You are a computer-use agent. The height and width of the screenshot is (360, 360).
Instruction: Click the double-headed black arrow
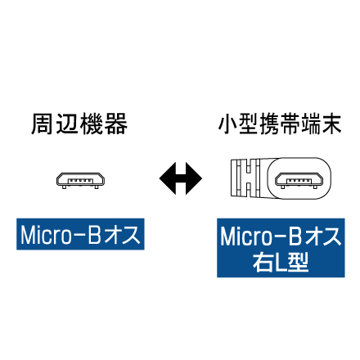tap(181, 178)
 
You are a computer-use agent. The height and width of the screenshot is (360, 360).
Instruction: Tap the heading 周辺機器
tap(79, 124)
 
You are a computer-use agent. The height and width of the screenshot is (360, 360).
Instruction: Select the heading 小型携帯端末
tap(280, 124)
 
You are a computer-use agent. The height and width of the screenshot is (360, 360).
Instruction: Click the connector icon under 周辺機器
tap(80, 181)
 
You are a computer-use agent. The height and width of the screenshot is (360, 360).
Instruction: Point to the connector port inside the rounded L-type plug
tap(299, 181)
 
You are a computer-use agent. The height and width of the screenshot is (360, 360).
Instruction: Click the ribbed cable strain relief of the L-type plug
tap(245, 178)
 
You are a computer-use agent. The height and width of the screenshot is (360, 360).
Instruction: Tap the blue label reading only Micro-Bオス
tap(80, 234)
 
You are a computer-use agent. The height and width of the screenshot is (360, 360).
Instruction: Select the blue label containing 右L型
tap(281, 248)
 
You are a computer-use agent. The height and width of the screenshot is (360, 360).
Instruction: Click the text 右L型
tap(281, 262)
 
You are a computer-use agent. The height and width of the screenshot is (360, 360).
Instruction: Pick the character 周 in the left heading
tap(42, 124)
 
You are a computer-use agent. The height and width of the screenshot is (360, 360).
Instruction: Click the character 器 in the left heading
tap(117, 124)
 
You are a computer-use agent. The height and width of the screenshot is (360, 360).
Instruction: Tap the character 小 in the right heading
tap(228, 124)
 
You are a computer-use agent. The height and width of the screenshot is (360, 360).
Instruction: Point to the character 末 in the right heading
tap(331, 124)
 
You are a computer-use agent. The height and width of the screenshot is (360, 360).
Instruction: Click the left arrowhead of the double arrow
tap(168, 178)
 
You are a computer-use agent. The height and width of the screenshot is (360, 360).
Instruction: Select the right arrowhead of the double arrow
tap(194, 178)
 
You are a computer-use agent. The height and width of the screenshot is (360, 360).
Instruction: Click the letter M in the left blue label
tap(29, 235)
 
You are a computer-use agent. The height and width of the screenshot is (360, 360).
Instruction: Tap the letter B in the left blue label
tap(95, 235)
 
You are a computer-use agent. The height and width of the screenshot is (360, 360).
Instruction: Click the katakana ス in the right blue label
tap(331, 236)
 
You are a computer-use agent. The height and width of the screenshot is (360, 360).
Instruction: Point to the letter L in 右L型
tap(281, 263)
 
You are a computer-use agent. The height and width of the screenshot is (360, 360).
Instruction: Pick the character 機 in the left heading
tap(92, 124)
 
